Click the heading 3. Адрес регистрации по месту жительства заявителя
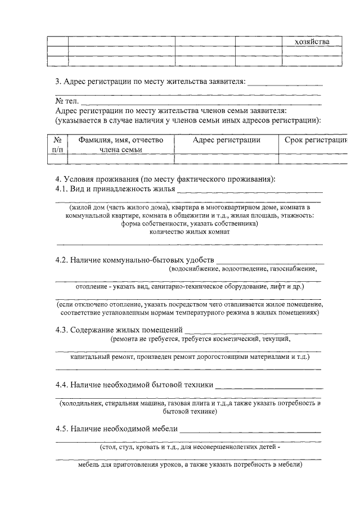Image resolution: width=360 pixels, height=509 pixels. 151,82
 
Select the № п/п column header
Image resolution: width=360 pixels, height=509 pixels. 57,145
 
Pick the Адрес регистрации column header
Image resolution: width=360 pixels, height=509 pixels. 226,140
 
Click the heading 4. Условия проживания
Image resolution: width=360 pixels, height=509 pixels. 165,179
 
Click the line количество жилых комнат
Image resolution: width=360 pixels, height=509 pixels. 189,232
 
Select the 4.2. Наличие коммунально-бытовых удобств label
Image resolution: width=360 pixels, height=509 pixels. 134,260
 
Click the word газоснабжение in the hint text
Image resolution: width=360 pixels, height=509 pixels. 292,269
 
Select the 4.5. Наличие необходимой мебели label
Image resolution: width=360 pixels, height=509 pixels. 116,429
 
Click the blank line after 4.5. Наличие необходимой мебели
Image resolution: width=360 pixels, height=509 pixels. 250,431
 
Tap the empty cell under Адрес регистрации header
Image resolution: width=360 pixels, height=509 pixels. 226,159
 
